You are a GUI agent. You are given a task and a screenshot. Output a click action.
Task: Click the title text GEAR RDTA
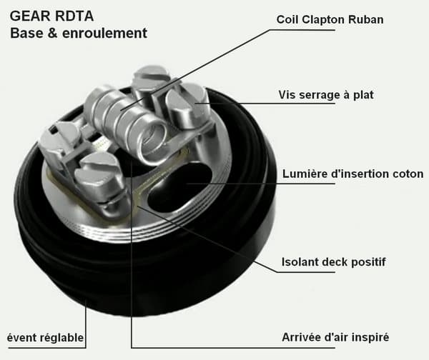[51, 16]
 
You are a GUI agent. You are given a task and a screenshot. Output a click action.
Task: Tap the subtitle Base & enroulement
[79, 33]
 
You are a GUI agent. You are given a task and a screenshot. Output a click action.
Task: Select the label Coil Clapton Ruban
[330, 20]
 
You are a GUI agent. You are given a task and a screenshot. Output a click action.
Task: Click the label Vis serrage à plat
[326, 95]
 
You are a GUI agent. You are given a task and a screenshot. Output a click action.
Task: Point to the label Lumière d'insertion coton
[353, 174]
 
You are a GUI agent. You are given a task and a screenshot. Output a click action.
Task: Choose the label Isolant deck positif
[333, 262]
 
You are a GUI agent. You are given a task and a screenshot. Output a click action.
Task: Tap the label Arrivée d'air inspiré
[335, 337]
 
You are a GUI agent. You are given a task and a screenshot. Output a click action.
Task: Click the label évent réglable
[45, 338]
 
